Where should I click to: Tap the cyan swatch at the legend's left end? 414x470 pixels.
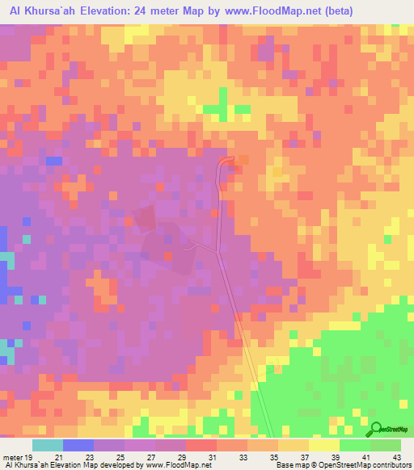pos(48,445)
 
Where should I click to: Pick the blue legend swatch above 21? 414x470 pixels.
pos(78,445)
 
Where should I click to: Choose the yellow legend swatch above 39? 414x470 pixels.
pos(323,445)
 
